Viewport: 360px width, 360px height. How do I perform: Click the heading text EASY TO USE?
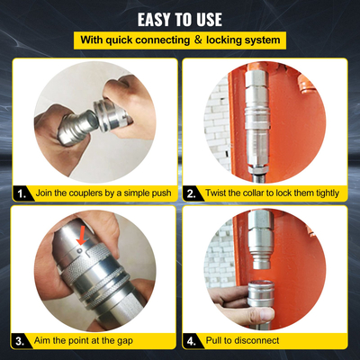point(180,18)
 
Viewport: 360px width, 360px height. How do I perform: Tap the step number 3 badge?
point(19,341)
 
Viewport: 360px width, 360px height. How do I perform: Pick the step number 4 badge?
point(192,341)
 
